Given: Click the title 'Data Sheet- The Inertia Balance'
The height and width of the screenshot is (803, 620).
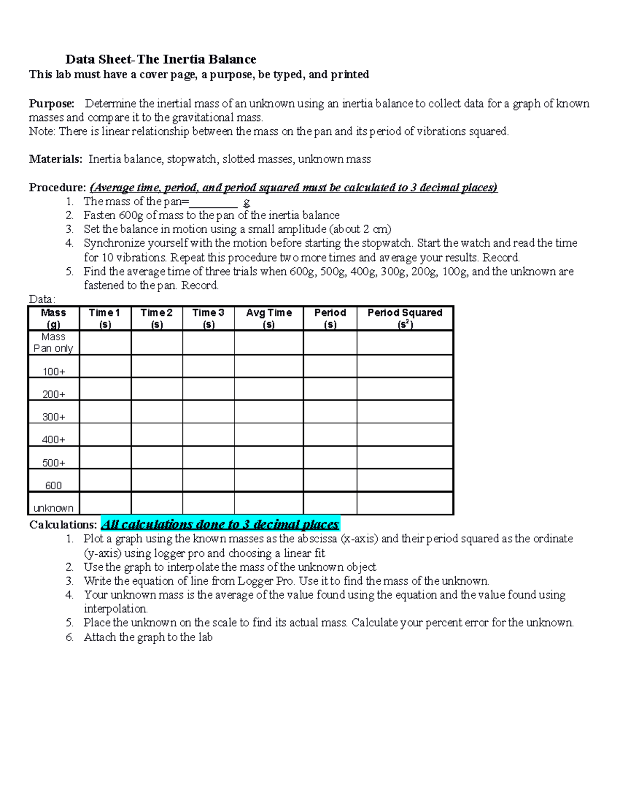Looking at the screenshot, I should coord(161,59).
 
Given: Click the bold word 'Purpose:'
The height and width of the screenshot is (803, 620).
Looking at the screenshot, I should coord(51,103).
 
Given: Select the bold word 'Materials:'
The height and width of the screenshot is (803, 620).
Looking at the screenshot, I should coord(55,159).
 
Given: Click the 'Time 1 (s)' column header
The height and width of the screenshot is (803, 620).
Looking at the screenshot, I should coord(105,318).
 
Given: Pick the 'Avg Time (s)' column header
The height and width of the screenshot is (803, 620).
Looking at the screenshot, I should coord(269,318).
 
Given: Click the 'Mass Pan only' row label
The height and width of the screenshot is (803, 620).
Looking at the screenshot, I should coord(53,342).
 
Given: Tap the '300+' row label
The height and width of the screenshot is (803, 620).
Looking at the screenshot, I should coord(54,417).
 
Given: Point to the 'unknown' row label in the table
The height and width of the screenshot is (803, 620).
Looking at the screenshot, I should coord(53,508).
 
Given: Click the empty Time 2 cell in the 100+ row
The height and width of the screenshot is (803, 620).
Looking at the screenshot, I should coord(157,366).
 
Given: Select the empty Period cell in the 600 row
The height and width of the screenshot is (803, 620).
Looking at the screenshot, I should coord(330,480).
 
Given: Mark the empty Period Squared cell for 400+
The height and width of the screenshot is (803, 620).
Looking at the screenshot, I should coord(405,435).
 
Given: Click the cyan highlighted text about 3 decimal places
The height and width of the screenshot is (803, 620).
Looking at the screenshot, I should coord(220,524).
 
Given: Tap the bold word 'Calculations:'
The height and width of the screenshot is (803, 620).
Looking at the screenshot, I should coord(63,525).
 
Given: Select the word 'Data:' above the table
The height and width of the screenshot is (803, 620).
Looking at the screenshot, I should coord(42,299).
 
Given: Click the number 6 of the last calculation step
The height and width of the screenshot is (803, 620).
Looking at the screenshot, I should coord(70,637).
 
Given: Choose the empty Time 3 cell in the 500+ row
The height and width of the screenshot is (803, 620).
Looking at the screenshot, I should coord(208,458).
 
